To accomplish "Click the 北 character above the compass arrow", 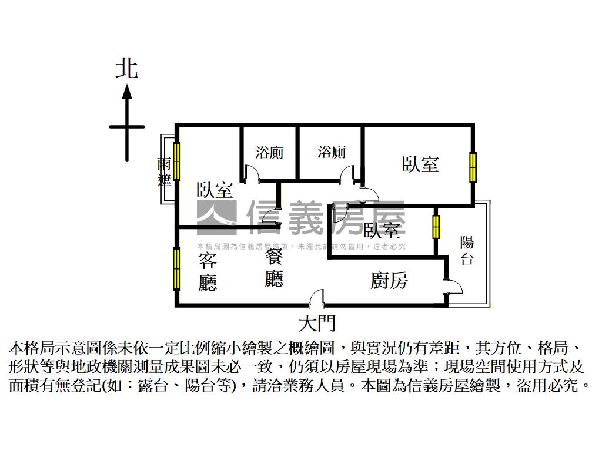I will pos(126,68).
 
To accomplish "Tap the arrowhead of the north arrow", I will pos(126,91).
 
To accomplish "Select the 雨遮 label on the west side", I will pos(164,172).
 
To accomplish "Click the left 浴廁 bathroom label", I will pos(269,152).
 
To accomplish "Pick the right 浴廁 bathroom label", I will pos(332,152).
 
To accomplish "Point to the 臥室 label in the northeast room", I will pos(420,164).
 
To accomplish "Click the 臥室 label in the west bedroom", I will pos(215,190).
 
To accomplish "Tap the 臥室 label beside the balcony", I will pos(382,230).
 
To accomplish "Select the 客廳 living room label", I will pos(208,271).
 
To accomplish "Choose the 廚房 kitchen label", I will pos(389,281).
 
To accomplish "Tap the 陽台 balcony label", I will pos(467,251).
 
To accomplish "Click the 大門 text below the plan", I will pos(317,322).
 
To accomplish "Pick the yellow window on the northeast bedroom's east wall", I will pos(473,167).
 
